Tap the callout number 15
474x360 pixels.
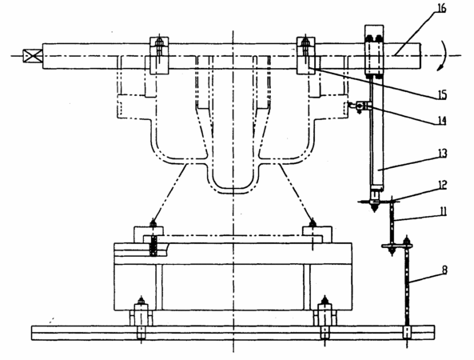tap(442, 95)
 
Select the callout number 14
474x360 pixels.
tap(442, 121)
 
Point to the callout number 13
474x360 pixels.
tap(442, 154)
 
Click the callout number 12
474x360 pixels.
tap(442, 185)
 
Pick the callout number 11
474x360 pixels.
tap(442, 211)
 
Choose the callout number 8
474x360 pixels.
tap(444, 270)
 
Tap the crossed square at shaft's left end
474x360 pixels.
tap(33, 56)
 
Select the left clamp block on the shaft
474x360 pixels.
tap(159, 55)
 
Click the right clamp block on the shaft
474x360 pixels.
tap(306, 55)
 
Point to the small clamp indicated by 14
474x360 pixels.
tap(360, 106)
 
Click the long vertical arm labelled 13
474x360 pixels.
tap(377, 133)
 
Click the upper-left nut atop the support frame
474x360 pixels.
tap(153, 223)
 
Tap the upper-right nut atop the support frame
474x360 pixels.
tap(313, 223)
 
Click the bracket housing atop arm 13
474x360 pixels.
tap(374, 50)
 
